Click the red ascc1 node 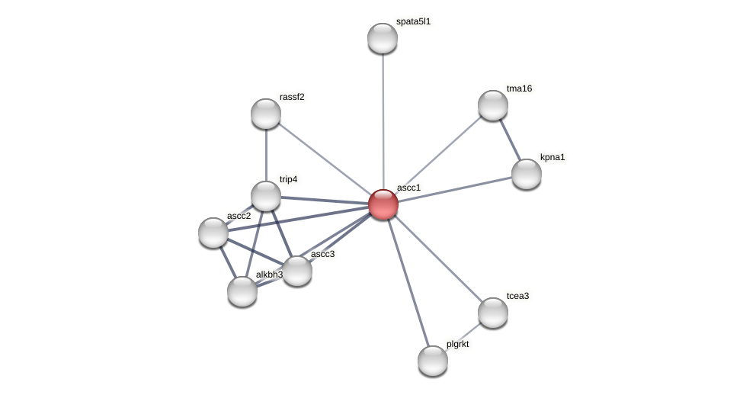383,204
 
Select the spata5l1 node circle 383,38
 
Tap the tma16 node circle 493,105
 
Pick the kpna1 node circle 527,174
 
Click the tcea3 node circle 493,313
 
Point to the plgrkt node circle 433,361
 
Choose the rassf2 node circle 266,114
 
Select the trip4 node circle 266,196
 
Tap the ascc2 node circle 213,233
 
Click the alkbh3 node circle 242,291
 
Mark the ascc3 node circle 297,271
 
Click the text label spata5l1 413,22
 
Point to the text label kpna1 552,158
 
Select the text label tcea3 517,296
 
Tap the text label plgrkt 458,345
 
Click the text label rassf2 292,97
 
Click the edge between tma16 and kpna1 510,140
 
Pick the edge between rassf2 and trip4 266,155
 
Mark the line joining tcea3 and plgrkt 463,336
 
